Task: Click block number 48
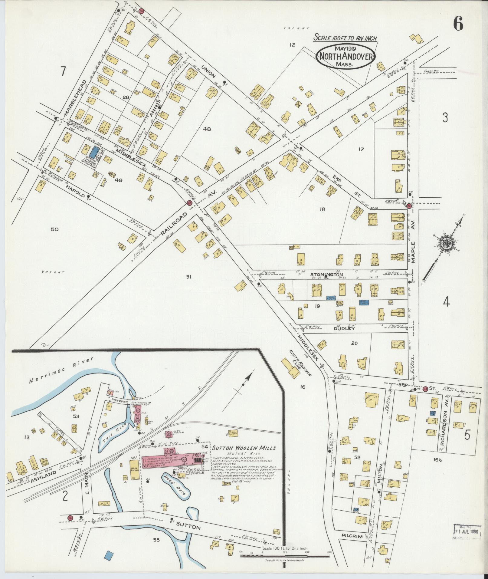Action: click(207, 129)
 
